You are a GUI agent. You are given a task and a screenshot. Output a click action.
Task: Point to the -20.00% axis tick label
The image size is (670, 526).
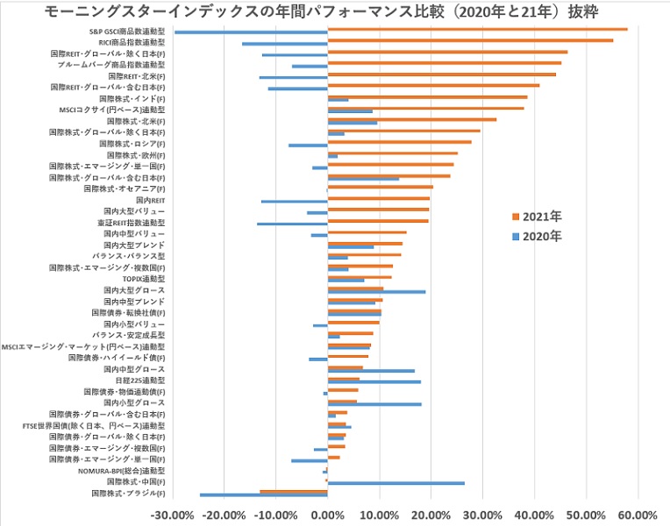click(x=223, y=515)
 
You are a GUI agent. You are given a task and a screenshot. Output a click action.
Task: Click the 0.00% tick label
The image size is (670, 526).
click(x=327, y=515)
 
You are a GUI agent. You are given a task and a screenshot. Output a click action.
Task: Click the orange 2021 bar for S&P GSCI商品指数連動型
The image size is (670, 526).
click(x=477, y=29)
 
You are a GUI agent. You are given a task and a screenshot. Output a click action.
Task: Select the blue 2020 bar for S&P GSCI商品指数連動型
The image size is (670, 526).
click(x=251, y=32)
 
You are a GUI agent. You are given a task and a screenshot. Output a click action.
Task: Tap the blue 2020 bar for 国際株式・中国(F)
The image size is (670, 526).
click(x=396, y=483)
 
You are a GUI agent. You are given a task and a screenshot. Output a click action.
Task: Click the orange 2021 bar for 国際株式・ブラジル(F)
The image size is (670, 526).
click(x=294, y=491)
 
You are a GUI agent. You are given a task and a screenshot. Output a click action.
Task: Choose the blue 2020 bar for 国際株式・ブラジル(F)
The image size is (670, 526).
click(x=263, y=495)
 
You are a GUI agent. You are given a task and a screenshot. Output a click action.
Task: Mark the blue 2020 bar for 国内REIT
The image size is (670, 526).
click(x=294, y=202)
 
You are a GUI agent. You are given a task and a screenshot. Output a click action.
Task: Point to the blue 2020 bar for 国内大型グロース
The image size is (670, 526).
click(x=376, y=292)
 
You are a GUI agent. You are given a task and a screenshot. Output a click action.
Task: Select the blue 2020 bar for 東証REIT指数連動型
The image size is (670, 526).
click(x=292, y=224)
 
